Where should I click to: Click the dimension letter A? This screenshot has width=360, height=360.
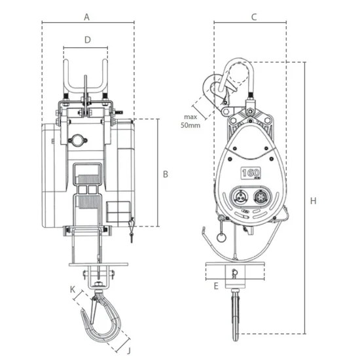pos(86,17)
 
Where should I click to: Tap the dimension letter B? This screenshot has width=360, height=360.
pos(166,174)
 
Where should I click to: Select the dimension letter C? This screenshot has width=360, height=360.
pos(254,17)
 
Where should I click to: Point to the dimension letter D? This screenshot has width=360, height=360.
pos(88,40)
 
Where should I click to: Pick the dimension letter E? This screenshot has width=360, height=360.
pos(216,286)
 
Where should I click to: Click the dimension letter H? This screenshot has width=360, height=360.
pos(313,201)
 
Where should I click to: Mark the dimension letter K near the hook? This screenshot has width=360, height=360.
pos(73,290)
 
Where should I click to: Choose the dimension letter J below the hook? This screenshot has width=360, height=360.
pos(129,351)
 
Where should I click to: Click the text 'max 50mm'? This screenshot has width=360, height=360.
pos(190,121)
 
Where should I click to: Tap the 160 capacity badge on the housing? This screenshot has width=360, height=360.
pos(251,173)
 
